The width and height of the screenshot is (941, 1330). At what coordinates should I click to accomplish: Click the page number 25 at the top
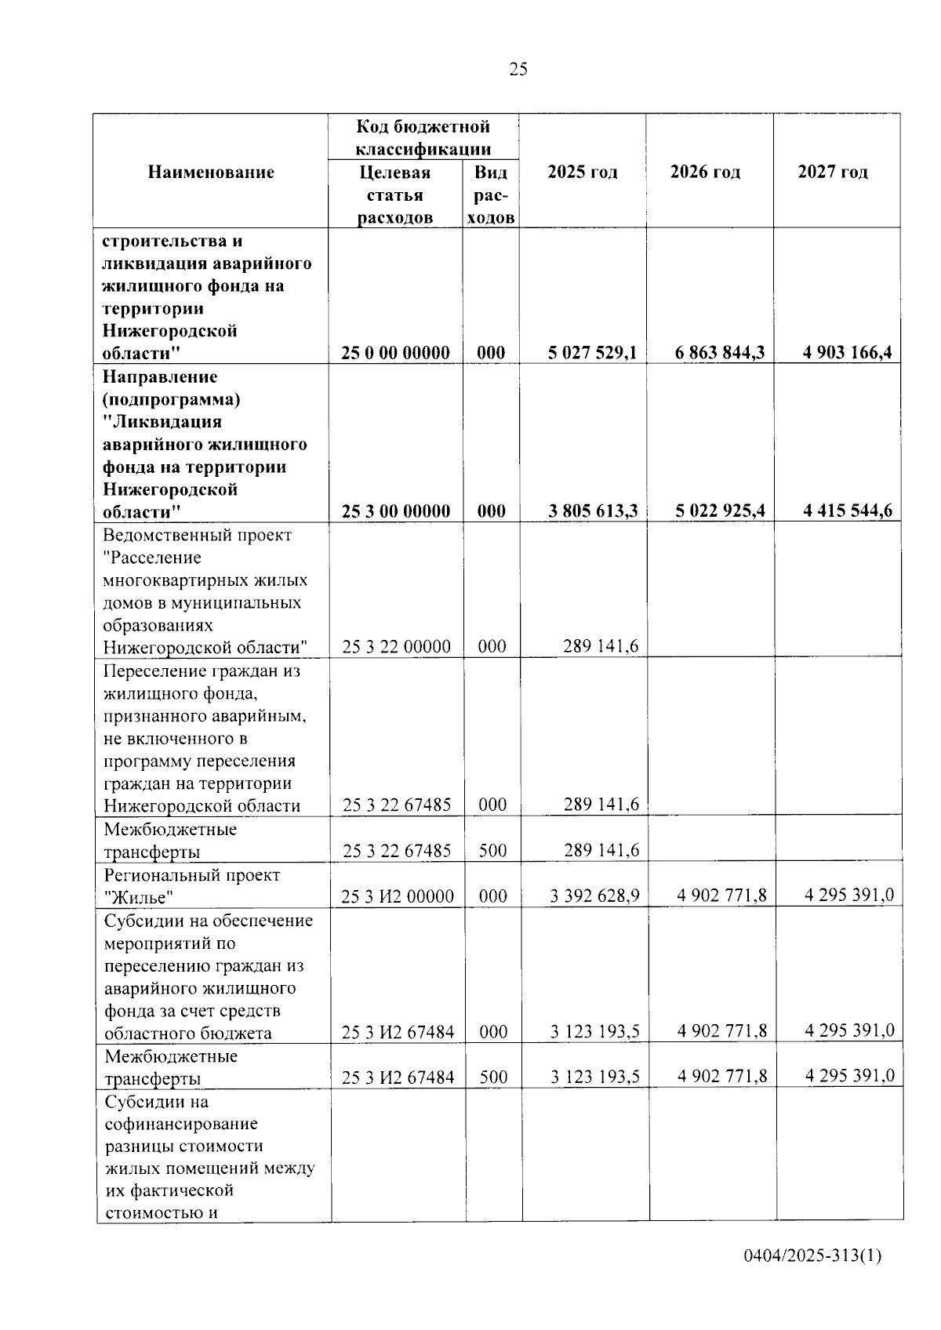(518, 69)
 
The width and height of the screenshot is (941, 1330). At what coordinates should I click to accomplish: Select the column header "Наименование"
(211, 173)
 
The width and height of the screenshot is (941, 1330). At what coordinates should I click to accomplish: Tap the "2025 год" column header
(582, 173)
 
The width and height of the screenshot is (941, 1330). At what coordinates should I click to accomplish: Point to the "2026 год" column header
(705, 173)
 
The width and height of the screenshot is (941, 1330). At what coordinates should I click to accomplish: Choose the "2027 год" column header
(833, 173)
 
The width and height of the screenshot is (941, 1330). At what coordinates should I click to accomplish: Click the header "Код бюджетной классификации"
(423, 137)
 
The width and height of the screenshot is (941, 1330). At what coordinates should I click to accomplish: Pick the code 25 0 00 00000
(396, 353)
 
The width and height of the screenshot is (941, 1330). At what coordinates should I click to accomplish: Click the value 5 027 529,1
(593, 353)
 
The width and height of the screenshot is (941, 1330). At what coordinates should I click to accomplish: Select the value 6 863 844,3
(720, 353)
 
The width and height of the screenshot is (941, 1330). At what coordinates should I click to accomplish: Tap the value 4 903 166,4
(847, 353)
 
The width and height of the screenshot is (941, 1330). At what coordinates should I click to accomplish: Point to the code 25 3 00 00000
(396, 511)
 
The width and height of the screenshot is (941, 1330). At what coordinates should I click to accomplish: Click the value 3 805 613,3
(593, 511)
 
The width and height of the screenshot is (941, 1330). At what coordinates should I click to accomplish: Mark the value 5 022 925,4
(720, 511)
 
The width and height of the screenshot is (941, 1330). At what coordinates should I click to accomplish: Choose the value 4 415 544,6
(847, 511)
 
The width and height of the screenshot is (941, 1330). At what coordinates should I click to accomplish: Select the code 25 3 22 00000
(396, 647)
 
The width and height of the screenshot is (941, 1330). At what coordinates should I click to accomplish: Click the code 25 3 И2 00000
(397, 896)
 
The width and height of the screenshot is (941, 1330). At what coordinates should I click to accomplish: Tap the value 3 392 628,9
(594, 896)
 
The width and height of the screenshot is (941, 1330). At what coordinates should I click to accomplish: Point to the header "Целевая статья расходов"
(395, 194)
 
